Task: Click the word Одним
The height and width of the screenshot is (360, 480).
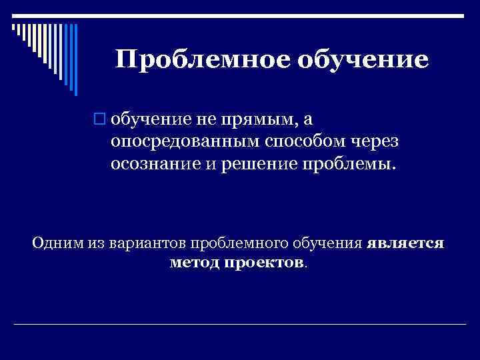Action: click(x=57, y=243)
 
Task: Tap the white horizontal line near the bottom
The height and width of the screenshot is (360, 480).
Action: click(x=240, y=324)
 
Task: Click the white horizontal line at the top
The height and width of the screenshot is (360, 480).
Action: click(x=240, y=14)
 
